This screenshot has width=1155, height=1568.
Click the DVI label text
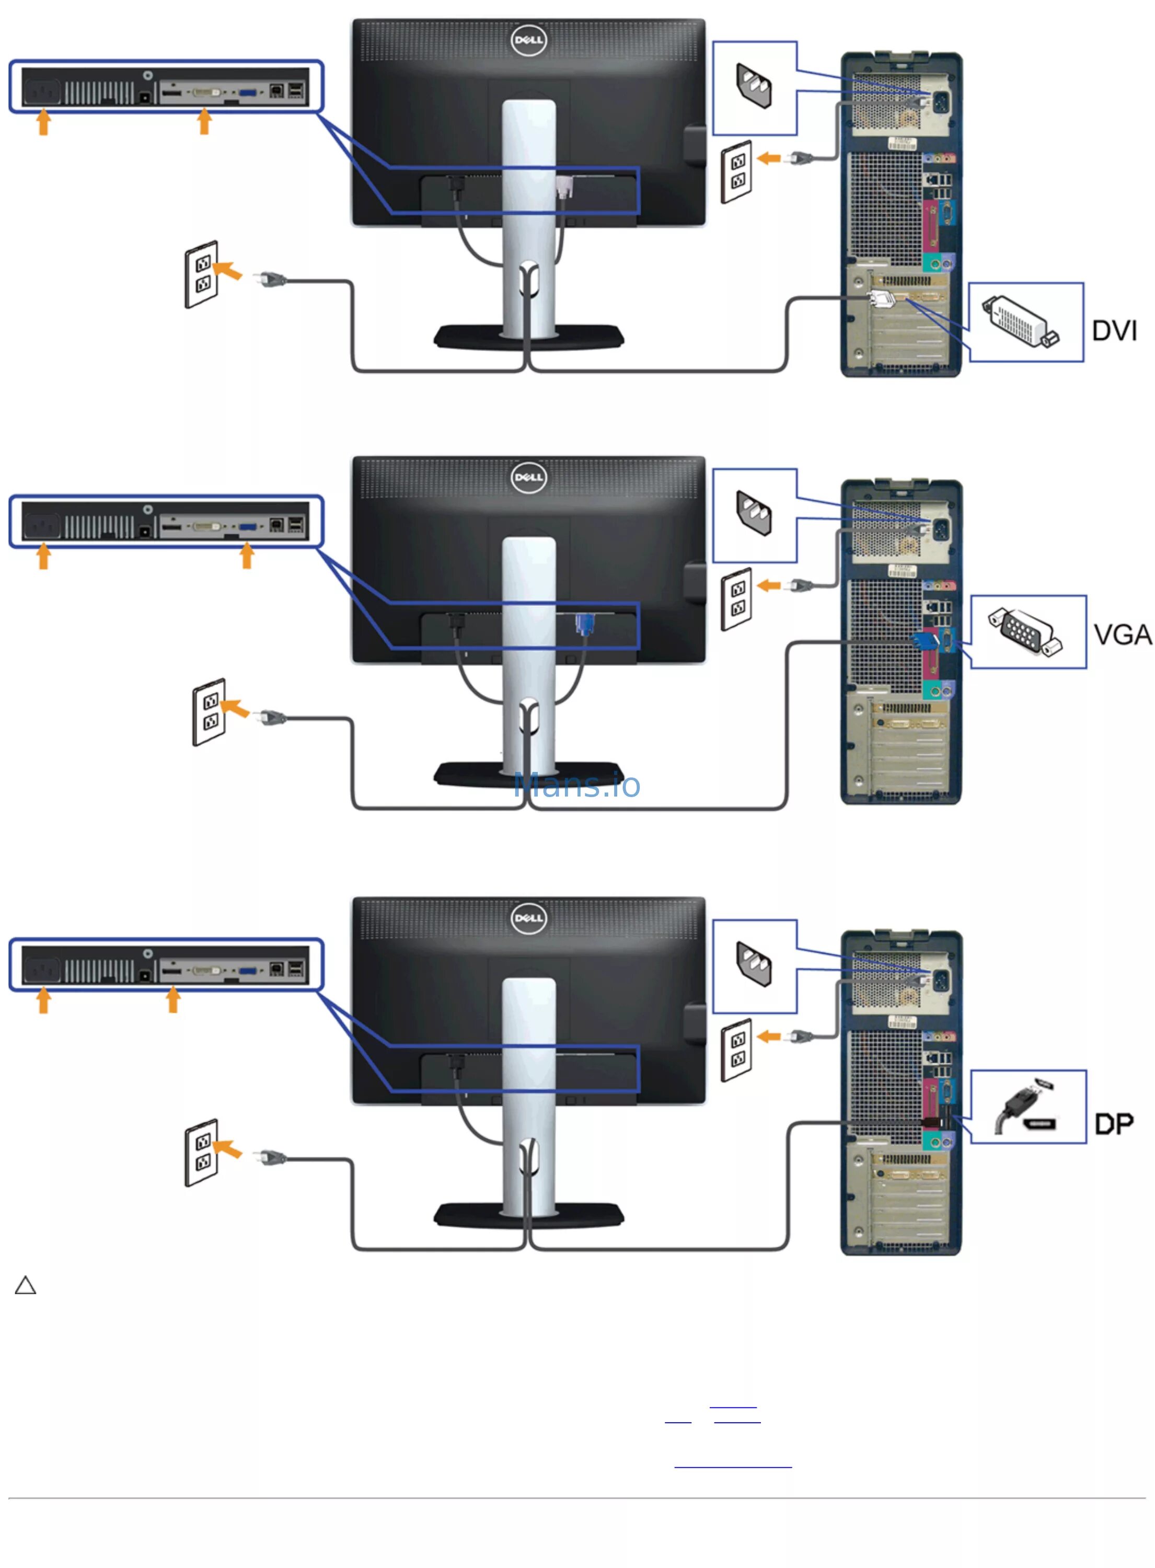point(1114,331)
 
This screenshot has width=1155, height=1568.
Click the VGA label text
point(1122,635)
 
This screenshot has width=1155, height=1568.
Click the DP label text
point(1114,1124)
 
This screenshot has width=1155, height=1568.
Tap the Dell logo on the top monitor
point(528,40)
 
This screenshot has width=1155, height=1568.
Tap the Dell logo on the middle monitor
point(528,478)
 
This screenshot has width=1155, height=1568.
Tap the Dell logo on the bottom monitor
point(528,918)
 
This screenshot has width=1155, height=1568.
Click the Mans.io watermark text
point(577,785)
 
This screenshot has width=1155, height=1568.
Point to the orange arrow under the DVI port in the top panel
point(204,121)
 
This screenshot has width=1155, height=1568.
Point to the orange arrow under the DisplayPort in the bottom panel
point(172,999)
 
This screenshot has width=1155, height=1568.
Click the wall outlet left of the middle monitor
point(209,712)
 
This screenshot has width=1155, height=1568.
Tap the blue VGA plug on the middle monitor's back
point(583,623)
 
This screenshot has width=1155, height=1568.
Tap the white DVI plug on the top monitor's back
point(565,187)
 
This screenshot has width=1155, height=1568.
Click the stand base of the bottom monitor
point(528,1215)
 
